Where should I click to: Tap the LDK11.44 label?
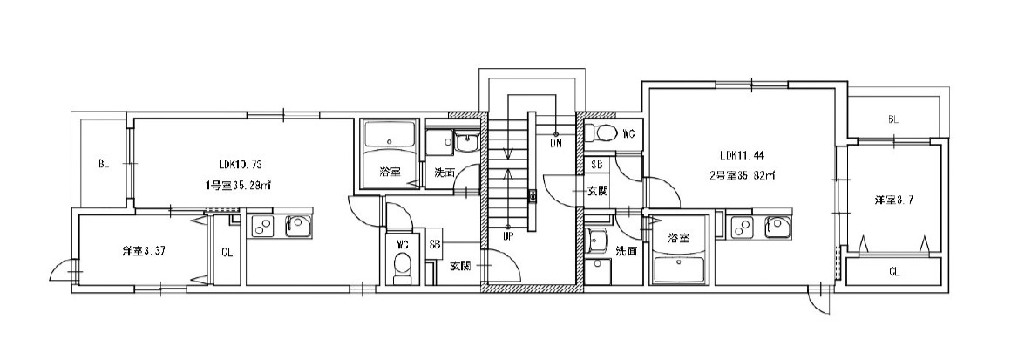pos(742,156)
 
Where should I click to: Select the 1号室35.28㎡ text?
pos(237,185)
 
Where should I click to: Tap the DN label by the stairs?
pos(555,143)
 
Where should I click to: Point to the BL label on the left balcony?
pos(103,163)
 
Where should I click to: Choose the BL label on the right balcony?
pos(893,119)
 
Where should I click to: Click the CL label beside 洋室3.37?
pos(226,253)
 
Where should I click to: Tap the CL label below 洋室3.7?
pos(894,271)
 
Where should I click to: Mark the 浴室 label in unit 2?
pos(679,237)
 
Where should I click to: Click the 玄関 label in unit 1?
pos(460,265)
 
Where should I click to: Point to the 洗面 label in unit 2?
pos(625,250)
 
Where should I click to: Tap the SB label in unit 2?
pos(597,165)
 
